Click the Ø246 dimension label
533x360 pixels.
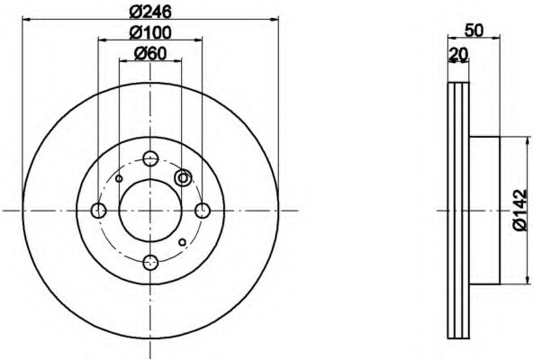pyautogui.click(x=149, y=13)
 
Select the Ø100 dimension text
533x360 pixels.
pyautogui.click(x=150, y=33)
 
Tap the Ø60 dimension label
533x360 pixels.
pyautogui.click(x=150, y=53)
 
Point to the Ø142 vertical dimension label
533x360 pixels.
pyautogui.click(x=521, y=210)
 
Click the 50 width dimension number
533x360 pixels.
pyautogui.click(x=474, y=31)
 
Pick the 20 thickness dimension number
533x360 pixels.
pyautogui.click(x=459, y=54)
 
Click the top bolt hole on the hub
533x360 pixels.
pyautogui.click(x=150, y=158)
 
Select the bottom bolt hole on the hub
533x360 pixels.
pyautogui.click(x=150, y=263)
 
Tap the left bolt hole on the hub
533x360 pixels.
pyautogui.click(x=98, y=211)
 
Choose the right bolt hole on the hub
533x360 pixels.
pyautogui.click(x=203, y=211)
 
